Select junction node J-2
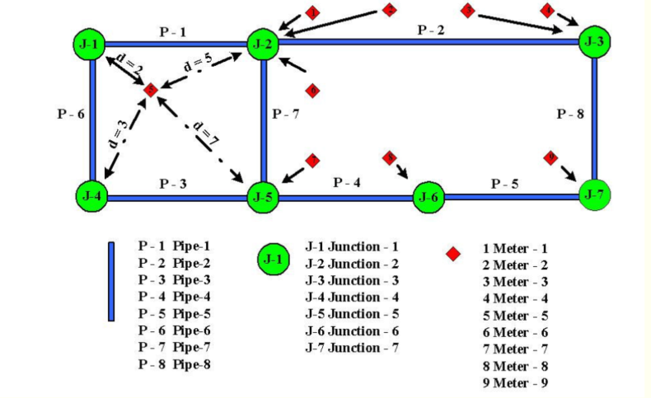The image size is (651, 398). click(263, 44)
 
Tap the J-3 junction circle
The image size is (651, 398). click(594, 41)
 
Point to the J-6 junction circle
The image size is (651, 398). click(428, 197)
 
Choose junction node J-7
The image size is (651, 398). click(595, 194)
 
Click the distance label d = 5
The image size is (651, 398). click(200, 63)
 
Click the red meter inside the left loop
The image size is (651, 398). click(150, 89)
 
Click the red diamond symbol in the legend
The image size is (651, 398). click(452, 254)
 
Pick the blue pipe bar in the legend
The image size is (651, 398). click(111, 280)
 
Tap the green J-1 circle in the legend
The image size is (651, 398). click(273, 259)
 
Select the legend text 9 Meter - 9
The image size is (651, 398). click(515, 382)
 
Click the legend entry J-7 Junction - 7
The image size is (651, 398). click(352, 348)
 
